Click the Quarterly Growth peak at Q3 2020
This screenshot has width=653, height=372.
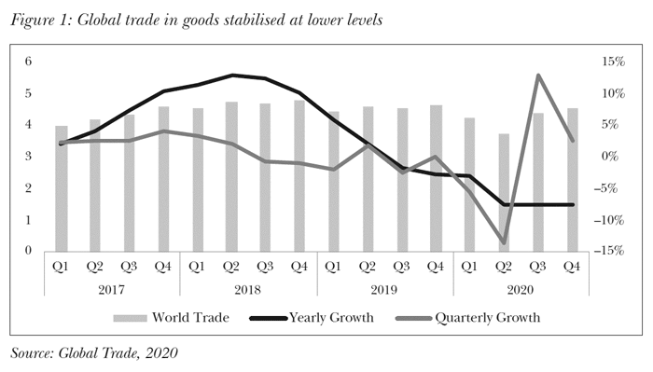point(538,76)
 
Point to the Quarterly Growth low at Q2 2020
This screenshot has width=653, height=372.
point(504,242)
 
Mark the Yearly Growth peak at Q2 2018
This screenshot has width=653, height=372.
point(231,75)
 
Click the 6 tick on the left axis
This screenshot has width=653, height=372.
point(29,62)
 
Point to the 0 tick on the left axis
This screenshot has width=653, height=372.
point(29,251)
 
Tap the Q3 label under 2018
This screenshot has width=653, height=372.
point(265,266)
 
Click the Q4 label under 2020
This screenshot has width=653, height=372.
point(573,266)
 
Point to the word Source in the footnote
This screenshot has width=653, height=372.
point(31,352)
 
